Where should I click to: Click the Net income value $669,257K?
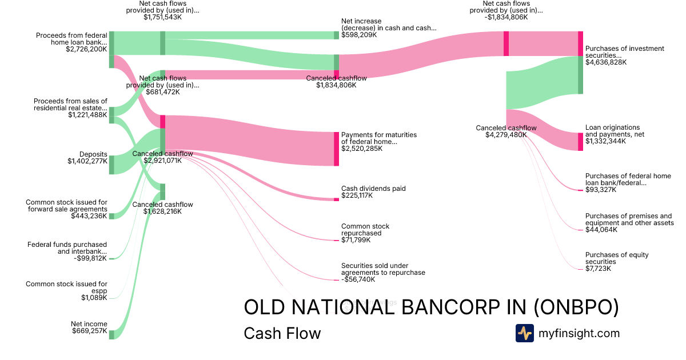89,331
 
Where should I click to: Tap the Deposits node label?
93,154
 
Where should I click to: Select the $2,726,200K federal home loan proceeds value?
86,49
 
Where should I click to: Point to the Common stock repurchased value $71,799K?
356,240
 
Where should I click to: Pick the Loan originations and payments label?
612,131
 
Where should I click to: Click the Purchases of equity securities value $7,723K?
598,269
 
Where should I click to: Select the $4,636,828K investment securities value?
606,62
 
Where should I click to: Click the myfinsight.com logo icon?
524,333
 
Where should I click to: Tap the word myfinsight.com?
579,333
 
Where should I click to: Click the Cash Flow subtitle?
282,333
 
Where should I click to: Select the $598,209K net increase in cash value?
359,35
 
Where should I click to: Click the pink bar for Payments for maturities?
336,149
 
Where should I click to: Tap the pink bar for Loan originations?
580,142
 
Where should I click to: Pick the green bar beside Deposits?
111,165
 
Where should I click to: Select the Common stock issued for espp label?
66,287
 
